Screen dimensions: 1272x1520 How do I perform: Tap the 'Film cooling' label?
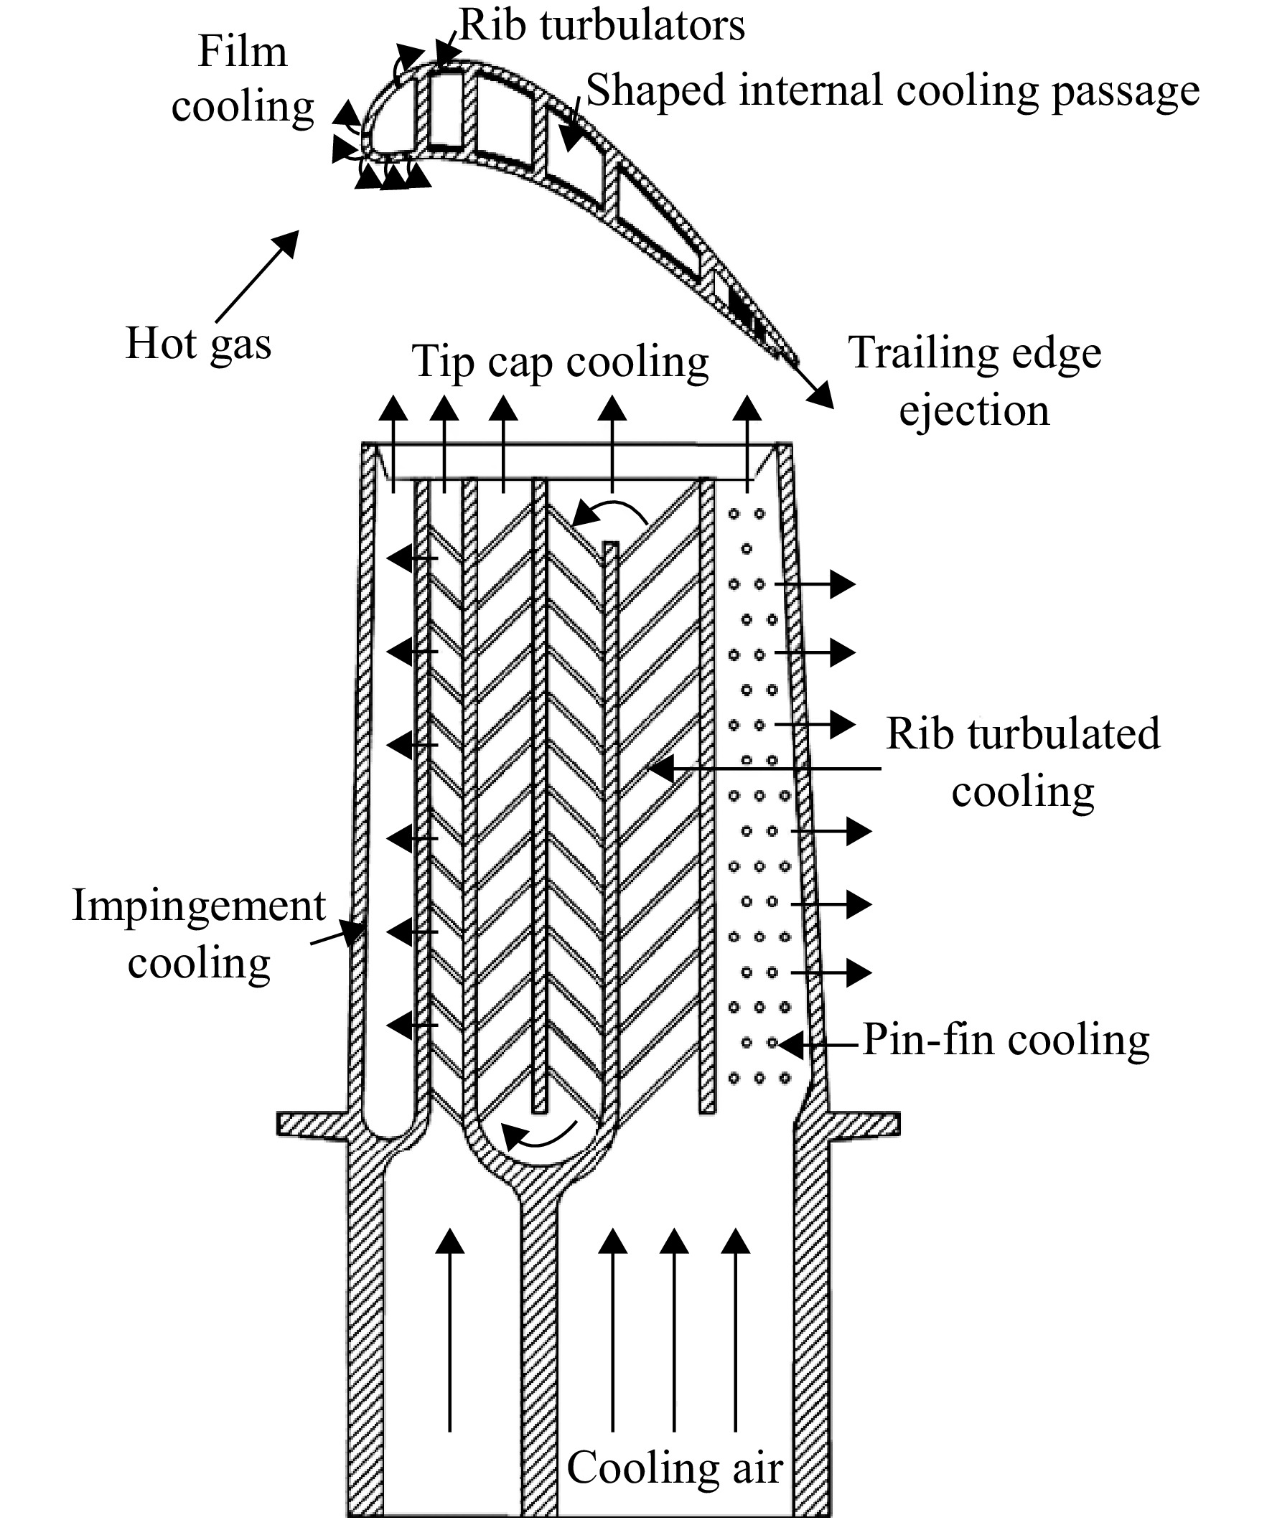[243, 80]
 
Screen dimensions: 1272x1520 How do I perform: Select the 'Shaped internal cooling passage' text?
[894, 92]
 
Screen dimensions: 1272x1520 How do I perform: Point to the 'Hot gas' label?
[198, 343]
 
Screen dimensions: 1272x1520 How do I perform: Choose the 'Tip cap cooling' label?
[561, 362]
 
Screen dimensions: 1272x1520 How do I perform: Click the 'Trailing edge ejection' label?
[975, 382]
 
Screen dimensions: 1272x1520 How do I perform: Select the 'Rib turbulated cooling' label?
[1023, 762]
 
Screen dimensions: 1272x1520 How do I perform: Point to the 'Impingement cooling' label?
[199, 934]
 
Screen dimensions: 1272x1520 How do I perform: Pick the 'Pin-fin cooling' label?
[1006, 1040]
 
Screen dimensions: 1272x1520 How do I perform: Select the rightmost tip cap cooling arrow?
[747, 443]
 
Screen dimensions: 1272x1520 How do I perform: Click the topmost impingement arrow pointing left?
[413, 558]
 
